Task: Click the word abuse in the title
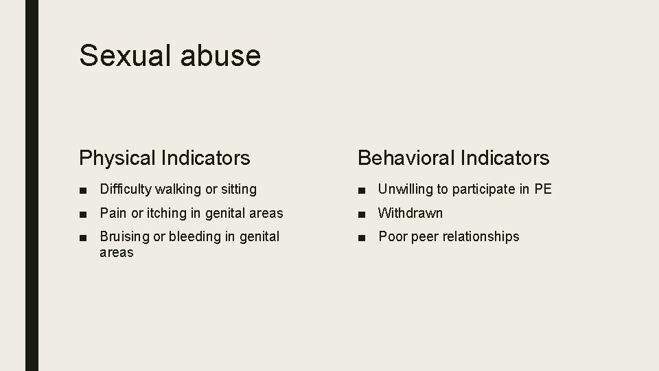point(220,55)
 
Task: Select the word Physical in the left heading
point(117,158)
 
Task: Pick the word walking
point(178,189)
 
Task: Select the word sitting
point(238,189)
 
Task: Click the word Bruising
point(124,236)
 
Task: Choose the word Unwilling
point(406,189)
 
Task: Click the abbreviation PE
point(543,189)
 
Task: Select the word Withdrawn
point(411,213)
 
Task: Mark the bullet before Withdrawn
point(362,214)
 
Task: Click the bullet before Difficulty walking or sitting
point(83,190)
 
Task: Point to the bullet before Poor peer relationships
point(362,237)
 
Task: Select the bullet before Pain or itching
point(83,214)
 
